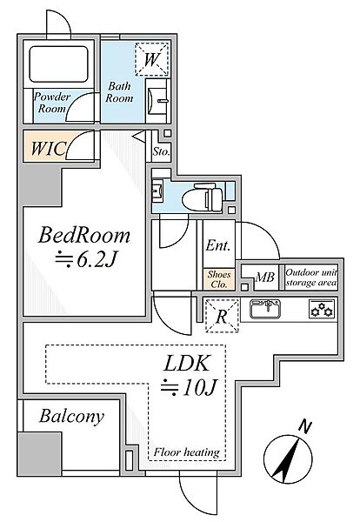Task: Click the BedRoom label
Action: [x=84, y=235]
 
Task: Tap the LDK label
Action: [x=187, y=364]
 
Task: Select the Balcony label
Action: [x=71, y=417]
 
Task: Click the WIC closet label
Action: [x=48, y=148]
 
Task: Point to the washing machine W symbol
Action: [x=151, y=59]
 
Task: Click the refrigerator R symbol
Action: [x=222, y=317]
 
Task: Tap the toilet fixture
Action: [x=202, y=197]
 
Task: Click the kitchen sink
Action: [x=265, y=309]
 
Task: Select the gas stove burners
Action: [x=322, y=309]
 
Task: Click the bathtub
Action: [x=58, y=64]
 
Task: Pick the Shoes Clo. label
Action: [x=219, y=279]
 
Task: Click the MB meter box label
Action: [x=265, y=277]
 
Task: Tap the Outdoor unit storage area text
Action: [x=311, y=278]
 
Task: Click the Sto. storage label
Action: [x=162, y=151]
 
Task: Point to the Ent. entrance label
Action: [x=218, y=245]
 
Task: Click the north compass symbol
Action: [x=288, y=458]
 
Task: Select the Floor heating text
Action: [x=186, y=452]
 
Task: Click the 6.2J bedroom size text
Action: [x=86, y=259]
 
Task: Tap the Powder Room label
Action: [x=52, y=103]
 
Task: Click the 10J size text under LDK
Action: [x=189, y=387]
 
